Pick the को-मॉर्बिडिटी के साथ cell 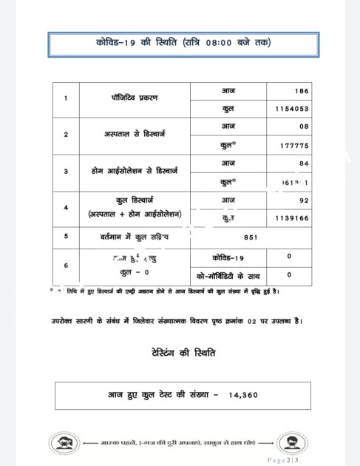click(x=227, y=274)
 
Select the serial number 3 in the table click(x=67, y=171)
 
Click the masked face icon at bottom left click(x=63, y=444)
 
